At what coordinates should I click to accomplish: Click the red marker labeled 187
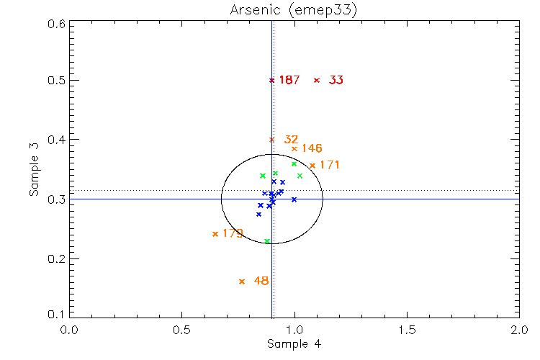(271, 80)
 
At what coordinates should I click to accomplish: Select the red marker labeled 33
(317, 80)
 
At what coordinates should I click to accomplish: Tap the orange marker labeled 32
(271, 140)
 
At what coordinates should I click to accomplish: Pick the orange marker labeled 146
(294, 149)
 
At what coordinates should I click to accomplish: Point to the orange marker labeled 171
(312, 166)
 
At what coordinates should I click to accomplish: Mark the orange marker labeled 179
(215, 234)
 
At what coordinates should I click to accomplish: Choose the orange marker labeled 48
(242, 282)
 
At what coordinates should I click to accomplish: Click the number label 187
(289, 80)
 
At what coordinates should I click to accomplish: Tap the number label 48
(261, 281)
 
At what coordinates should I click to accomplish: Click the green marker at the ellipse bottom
(267, 241)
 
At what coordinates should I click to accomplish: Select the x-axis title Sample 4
(294, 344)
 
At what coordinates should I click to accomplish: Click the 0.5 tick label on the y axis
(58, 80)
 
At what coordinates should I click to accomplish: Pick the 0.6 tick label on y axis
(58, 24)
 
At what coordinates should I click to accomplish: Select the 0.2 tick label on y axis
(58, 258)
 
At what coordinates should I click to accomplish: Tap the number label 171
(330, 165)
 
